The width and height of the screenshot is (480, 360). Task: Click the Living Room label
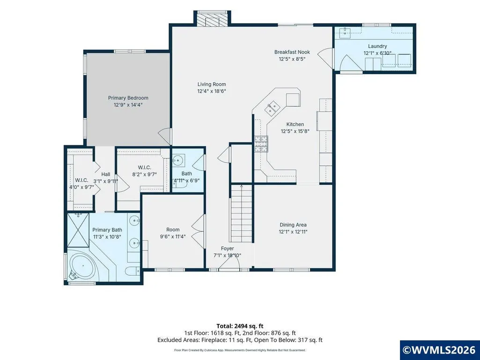coord(212,84)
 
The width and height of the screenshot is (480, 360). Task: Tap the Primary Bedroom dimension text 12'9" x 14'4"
coord(128,105)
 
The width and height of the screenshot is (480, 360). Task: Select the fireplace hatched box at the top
coord(212,19)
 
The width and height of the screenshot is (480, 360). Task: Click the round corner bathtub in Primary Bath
coord(81,265)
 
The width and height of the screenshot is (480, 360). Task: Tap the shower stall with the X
coord(78,230)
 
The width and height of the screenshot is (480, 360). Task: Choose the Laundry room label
coord(377,46)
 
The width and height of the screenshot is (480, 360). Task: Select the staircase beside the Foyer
coord(242,213)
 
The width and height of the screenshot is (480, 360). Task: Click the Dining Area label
coord(293,225)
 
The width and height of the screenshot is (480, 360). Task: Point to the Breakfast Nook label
coord(292,52)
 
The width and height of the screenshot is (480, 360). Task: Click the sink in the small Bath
coord(178,160)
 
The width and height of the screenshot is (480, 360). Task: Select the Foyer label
coord(228,249)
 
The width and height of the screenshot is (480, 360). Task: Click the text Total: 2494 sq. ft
coord(240,326)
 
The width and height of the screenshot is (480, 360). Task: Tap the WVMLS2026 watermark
coord(440,350)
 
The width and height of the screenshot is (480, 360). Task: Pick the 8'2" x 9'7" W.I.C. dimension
coord(145,175)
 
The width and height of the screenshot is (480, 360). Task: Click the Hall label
coord(106,174)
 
